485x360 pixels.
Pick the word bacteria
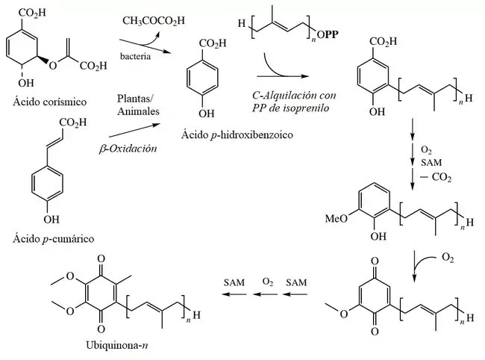pos(137,57)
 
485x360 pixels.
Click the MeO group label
pos(332,220)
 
